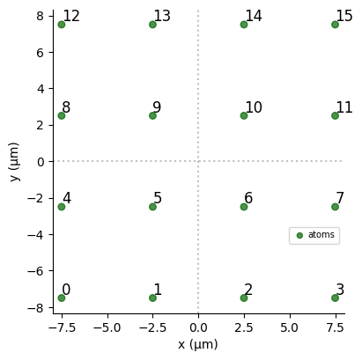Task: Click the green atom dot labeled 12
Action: point(62,25)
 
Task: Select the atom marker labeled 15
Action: point(335,25)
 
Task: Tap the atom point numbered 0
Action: point(62,298)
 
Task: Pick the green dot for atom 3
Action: point(335,298)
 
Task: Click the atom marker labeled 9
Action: point(152,115)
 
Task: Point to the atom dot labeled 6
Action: point(244,207)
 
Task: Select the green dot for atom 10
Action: point(244,115)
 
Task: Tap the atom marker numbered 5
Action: point(152,207)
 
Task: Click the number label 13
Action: point(162,16)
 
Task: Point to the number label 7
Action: point(340,198)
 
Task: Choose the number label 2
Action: point(248,290)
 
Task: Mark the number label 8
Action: point(66,107)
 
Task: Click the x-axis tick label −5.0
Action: point(107,327)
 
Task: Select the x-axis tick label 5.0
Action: point(290,327)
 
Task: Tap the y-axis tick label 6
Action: point(41,53)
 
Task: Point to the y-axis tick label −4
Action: point(36,235)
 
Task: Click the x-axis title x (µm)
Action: point(198,344)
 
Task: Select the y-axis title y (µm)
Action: point(14,162)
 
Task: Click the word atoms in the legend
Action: point(321,235)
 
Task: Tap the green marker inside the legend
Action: point(299,236)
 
